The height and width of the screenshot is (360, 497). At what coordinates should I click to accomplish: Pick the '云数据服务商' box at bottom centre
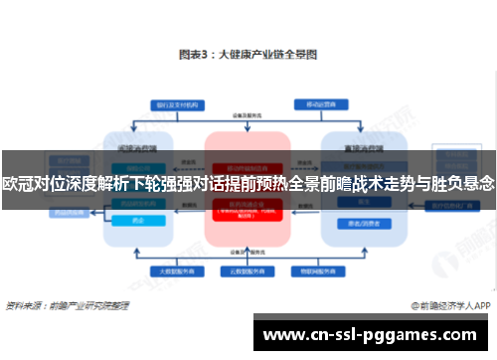248,270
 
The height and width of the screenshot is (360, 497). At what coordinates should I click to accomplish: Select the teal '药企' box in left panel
137,221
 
